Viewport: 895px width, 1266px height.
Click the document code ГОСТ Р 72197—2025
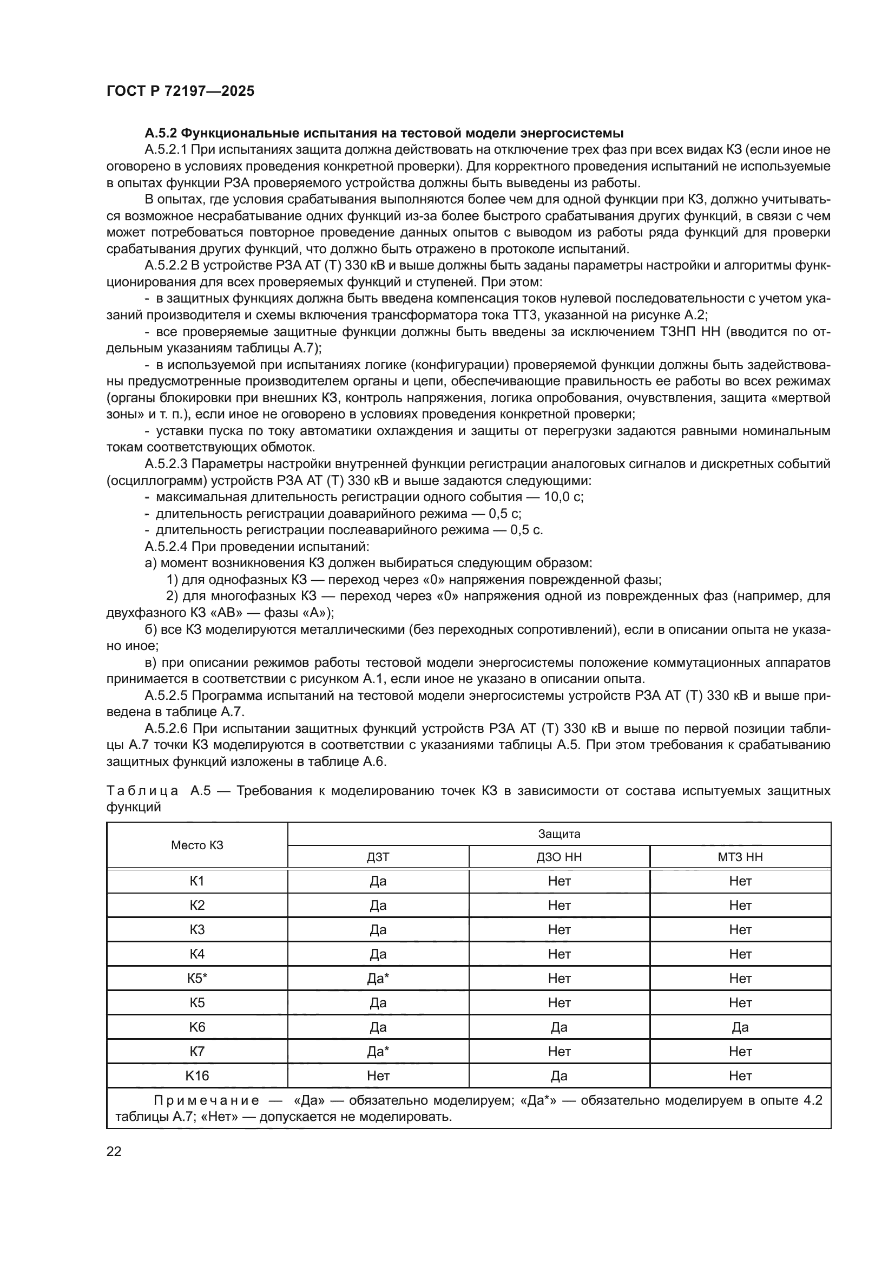tap(180, 91)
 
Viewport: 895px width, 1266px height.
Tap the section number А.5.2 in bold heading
tap(160, 133)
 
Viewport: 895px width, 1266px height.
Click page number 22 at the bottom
tap(114, 1151)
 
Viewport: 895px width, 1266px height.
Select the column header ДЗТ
tap(378, 857)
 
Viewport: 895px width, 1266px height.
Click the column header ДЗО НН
tap(559, 857)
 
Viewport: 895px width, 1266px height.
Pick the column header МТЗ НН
tap(740, 857)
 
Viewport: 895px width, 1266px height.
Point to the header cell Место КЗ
tap(197, 845)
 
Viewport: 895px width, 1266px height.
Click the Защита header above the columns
tap(559, 834)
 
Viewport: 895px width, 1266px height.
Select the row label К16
tap(197, 1076)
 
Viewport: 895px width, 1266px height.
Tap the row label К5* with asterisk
tap(197, 978)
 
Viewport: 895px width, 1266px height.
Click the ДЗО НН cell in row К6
tap(559, 1027)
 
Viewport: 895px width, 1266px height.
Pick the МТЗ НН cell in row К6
tap(740, 1027)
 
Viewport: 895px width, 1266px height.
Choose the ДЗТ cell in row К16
tap(378, 1076)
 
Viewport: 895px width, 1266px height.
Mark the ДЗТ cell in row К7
tap(378, 1052)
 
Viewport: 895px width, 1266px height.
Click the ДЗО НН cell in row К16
tap(559, 1076)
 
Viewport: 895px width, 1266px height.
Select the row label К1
tap(197, 881)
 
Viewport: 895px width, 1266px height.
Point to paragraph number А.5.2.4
tap(166, 547)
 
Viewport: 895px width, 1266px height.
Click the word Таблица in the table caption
tap(142, 791)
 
